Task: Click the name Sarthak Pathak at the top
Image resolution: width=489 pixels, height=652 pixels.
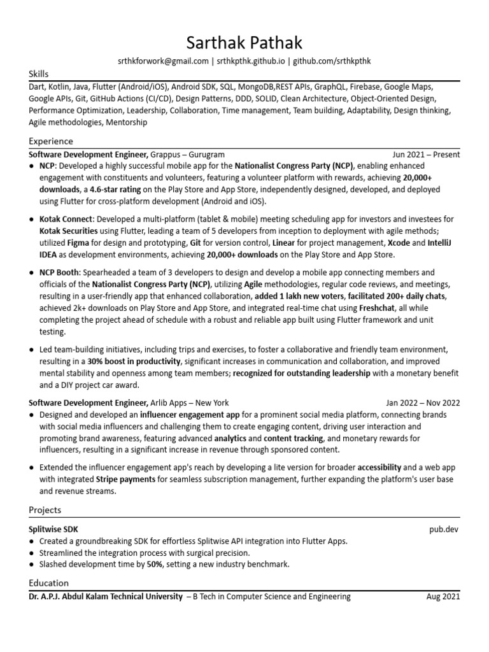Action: click(x=244, y=43)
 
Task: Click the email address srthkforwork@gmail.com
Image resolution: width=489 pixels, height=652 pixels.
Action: click(x=163, y=61)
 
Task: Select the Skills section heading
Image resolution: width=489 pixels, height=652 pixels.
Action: click(x=39, y=74)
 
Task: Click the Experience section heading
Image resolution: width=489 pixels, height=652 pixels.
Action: click(x=51, y=141)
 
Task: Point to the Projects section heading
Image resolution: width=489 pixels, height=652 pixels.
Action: click(x=45, y=509)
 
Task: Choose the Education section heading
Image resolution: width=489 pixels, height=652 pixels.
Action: click(x=49, y=583)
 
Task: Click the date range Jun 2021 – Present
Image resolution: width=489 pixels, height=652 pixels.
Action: click(x=426, y=154)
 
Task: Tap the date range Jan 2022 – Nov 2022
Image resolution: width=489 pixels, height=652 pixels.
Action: click(x=423, y=402)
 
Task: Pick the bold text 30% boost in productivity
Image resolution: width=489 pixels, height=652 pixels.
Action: click(x=135, y=361)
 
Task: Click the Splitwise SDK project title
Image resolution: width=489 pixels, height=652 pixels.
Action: click(x=53, y=528)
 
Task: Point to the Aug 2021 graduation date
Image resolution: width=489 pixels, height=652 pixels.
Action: click(x=443, y=597)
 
